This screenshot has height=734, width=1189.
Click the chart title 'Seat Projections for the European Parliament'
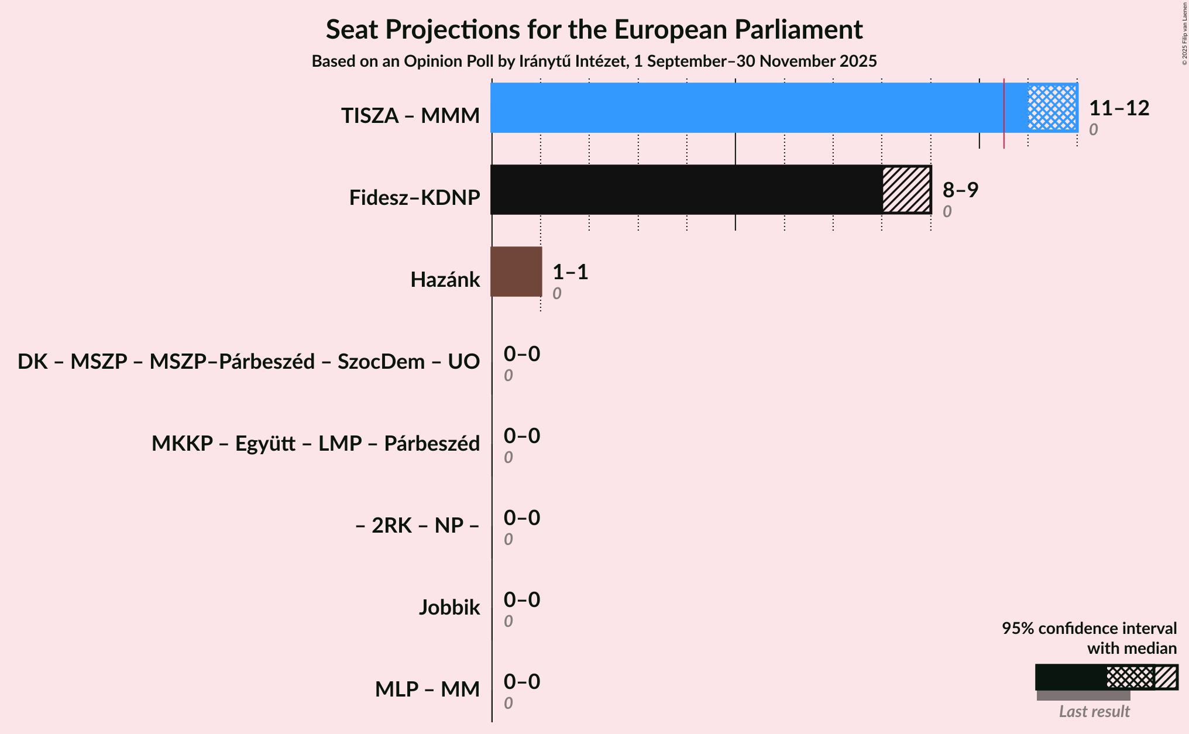coord(594,29)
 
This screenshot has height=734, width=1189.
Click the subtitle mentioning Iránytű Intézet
coord(594,61)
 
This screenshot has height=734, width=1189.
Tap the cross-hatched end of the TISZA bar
coord(1052,108)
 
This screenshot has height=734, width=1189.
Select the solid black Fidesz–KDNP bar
coord(686,190)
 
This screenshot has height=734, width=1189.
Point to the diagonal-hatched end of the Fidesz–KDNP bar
coord(906,190)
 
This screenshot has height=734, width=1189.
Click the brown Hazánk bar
coord(516,272)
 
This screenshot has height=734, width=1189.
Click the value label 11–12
coord(1119,108)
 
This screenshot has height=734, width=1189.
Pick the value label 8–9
coord(960,190)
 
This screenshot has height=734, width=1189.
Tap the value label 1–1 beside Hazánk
coord(570,272)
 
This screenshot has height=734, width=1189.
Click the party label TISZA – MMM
coord(410,116)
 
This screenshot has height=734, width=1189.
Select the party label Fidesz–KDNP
coord(414,198)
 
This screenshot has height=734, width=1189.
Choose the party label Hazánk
coord(445,280)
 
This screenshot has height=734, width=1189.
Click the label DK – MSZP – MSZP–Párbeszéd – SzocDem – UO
coord(249,362)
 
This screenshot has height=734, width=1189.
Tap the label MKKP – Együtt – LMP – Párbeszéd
coord(315,444)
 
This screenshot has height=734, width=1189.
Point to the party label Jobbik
coord(449,608)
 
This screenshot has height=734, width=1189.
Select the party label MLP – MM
coord(427,690)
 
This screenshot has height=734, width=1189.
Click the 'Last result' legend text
coord(1094,711)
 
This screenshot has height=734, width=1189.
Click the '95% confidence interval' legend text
coord(1089,629)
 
